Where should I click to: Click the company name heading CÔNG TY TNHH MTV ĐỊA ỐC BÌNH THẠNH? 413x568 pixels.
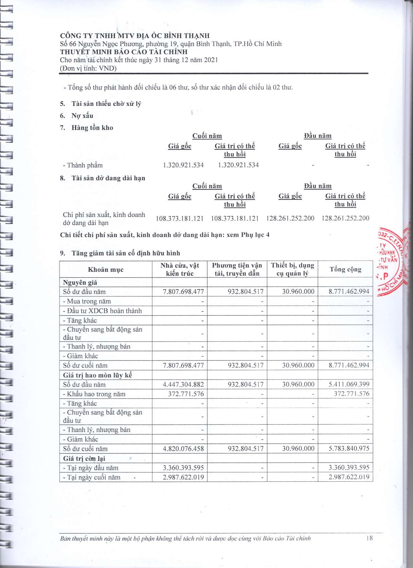click(x=135, y=36)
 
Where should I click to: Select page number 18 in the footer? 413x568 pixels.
click(x=369, y=538)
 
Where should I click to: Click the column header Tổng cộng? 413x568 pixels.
click(x=345, y=269)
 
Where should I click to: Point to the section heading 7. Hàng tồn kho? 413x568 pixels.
click(x=86, y=128)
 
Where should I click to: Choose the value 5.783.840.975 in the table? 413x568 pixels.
click(x=349, y=449)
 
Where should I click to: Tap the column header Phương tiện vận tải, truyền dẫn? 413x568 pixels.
click(x=237, y=269)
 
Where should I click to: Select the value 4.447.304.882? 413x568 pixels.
click(x=183, y=384)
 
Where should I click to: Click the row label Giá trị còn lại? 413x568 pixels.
click(x=84, y=458)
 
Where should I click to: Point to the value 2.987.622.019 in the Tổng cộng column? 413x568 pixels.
click(x=349, y=477)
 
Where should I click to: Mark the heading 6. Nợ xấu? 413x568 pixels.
click(x=77, y=116)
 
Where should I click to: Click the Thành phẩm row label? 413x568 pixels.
click(x=83, y=165)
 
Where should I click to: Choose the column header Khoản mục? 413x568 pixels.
click(x=106, y=269)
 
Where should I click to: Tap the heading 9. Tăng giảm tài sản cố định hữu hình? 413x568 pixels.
click(x=120, y=253)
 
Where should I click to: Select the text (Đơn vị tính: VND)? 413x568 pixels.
click(x=88, y=68)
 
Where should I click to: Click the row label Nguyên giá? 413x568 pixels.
click(x=80, y=282)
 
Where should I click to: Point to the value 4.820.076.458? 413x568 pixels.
click(x=183, y=449)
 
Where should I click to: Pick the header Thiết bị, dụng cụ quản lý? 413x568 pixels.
click(x=293, y=269)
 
